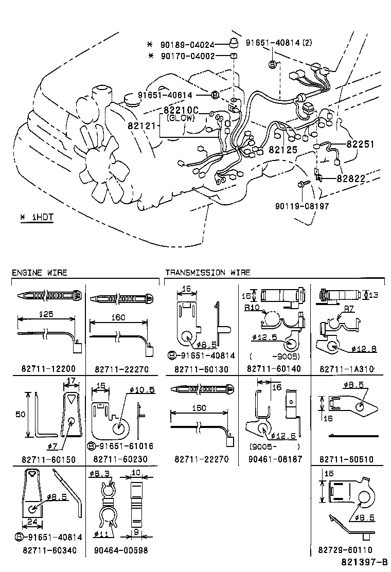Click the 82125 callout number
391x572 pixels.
pos(283,150)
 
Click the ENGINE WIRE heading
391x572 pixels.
pos(39,273)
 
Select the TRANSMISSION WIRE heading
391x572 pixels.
pos(207,273)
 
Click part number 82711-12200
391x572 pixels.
pos(48,369)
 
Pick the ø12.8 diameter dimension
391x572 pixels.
pos(364,349)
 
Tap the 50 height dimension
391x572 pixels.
pos(19,414)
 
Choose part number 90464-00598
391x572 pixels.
pos(121,550)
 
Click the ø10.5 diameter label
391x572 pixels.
pos(143,390)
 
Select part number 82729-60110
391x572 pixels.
pos(345,550)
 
